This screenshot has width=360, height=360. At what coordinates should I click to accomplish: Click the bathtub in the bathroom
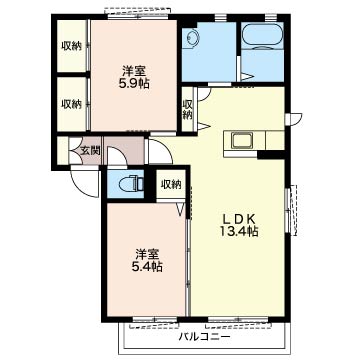coord(262,36)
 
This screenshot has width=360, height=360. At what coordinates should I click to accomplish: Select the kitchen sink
coord(242,141)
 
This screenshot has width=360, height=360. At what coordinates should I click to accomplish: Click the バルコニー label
coord(204,337)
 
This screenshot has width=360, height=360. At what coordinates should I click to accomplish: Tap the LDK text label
coord(239,219)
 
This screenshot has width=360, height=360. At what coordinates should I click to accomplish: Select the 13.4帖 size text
coord(239,231)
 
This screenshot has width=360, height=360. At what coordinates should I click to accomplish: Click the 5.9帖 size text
coord(134,83)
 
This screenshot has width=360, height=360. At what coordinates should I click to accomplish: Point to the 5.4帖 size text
coord(147,266)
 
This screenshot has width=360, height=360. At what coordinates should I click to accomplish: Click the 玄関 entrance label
coord(90,151)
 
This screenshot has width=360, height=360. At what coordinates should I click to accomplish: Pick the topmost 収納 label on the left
coord(71,46)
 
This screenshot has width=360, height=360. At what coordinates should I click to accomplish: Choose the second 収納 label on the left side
coord(71,104)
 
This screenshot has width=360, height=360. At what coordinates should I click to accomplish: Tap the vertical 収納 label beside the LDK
coord(188,110)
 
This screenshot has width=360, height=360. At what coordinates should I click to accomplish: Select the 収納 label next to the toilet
coord(171,184)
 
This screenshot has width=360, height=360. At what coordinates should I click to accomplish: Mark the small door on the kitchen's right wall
coord(294,119)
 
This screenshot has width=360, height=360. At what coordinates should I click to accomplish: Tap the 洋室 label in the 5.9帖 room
coord(134,71)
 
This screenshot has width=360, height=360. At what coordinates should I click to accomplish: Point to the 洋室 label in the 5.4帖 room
coord(147,254)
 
